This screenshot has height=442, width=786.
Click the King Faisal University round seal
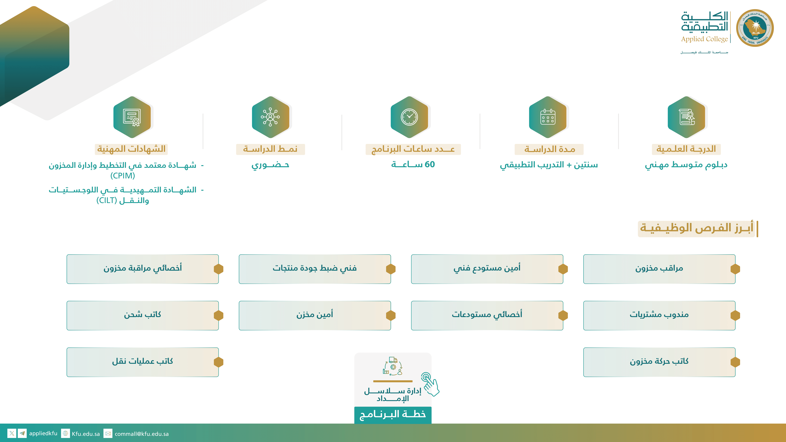755,28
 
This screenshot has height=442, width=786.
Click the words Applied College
704,39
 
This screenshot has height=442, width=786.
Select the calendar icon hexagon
548,117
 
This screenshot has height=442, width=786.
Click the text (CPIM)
123,176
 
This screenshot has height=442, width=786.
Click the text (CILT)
107,200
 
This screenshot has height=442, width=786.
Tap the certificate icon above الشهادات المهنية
132,117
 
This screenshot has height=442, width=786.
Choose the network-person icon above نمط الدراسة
270,117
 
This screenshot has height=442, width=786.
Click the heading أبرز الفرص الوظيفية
697,228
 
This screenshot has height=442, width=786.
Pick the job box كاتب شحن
142,315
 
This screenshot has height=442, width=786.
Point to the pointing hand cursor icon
430,384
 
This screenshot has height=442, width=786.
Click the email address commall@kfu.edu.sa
142,434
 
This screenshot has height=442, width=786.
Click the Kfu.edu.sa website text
86,434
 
